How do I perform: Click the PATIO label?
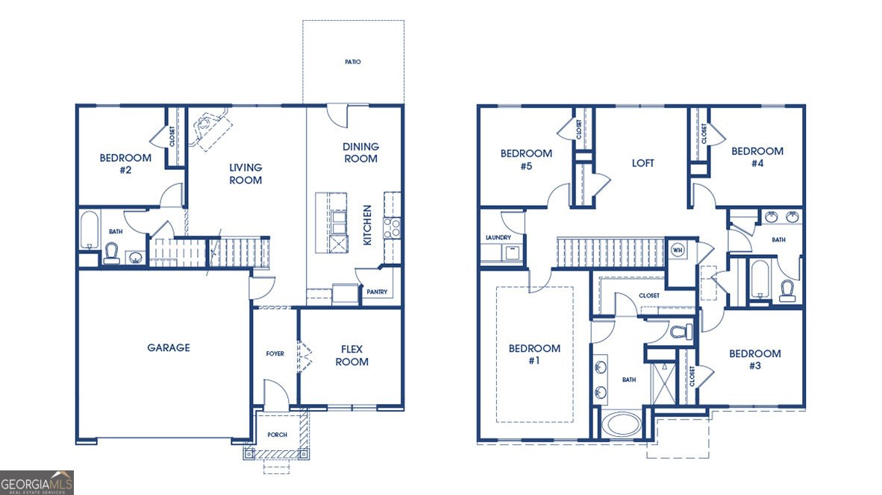click(x=353, y=62)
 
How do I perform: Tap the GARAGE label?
click(x=169, y=348)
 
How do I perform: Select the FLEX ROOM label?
click(x=352, y=356)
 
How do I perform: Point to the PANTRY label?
click(x=377, y=292)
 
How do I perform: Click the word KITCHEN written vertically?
click(x=367, y=224)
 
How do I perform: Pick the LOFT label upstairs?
click(x=643, y=163)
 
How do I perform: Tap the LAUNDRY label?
click(x=498, y=238)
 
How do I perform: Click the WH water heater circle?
click(x=678, y=250)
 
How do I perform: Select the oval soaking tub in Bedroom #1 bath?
click(x=622, y=425)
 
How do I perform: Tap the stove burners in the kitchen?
click(x=392, y=227)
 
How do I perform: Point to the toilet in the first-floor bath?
click(x=111, y=253)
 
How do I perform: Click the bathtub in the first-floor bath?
click(x=89, y=230)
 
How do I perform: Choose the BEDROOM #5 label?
click(x=527, y=160)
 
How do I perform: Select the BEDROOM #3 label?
click(x=755, y=359)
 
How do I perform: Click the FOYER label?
click(x=275, y=354)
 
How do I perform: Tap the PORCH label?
click(x=278, y=435)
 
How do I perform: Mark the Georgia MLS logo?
click(x=37, y=482)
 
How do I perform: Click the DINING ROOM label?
click(x=361, y=153)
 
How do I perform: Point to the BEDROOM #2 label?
click(x=125, y=164)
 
